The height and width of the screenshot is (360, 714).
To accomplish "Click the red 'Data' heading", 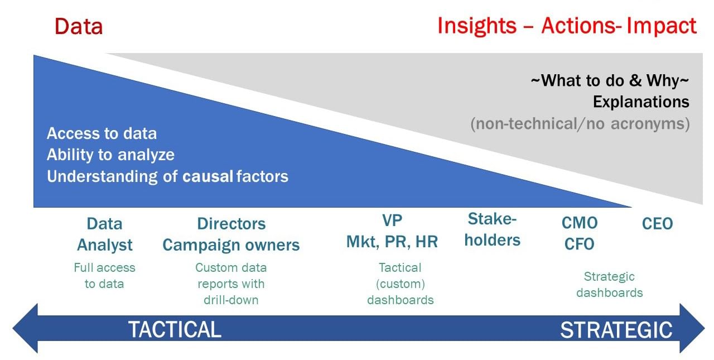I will [79, 27].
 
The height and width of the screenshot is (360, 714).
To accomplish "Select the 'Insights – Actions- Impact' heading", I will [567, 26].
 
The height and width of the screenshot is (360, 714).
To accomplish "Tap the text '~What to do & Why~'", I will [610, 81].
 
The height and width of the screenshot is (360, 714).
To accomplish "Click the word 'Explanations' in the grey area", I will [640, 102].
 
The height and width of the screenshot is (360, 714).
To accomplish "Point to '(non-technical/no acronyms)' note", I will [580, 123].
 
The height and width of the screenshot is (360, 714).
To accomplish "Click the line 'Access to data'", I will [102, 133].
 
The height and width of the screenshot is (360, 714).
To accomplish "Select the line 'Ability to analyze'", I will [110, 155].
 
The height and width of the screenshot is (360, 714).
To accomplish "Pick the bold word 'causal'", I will [208, 176].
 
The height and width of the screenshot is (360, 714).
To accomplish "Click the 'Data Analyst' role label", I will [104, 234].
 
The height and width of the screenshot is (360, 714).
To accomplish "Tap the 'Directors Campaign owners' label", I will [231, 234].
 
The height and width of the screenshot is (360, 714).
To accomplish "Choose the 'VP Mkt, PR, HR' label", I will [392, 231].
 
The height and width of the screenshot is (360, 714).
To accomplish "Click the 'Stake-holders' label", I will [492, 229].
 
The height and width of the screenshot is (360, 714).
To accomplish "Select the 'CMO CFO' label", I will [580, 233].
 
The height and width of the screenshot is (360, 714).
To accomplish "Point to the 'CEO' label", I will [657, 224].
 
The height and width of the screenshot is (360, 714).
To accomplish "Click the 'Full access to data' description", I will [104, 276].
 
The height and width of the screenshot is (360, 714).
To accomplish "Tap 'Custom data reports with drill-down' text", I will [231, 284].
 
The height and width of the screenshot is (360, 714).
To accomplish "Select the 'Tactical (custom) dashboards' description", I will [400, 284].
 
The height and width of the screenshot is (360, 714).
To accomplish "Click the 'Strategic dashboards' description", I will [609, 285].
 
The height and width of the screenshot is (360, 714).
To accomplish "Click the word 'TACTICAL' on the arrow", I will [175, 329].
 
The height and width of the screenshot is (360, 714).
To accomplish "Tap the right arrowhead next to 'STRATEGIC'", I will [692, 329].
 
